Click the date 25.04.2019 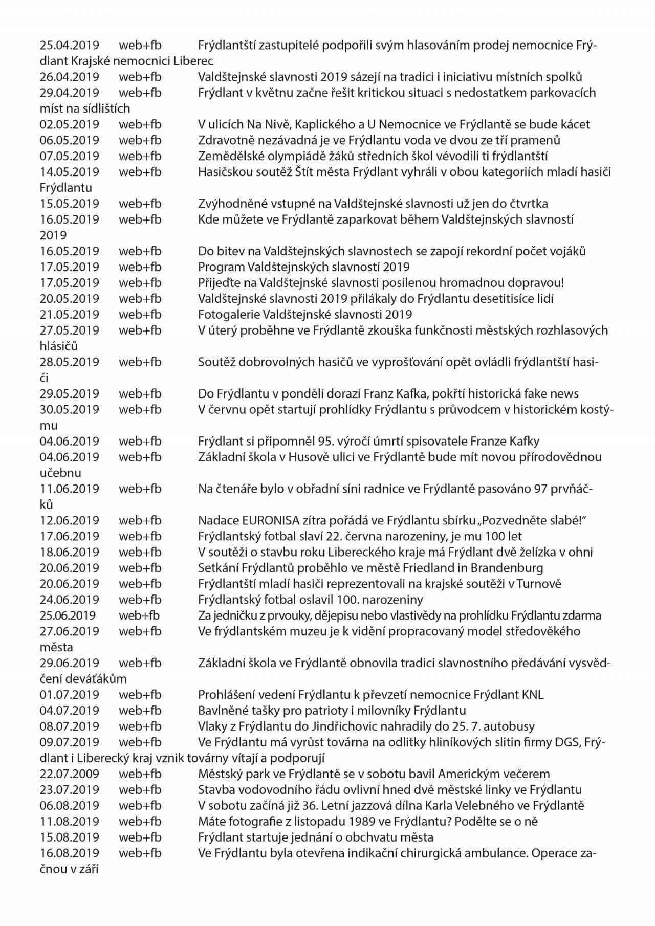tap(70, 45)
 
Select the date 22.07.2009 tap(70, 774)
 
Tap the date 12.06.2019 tap(70, 520)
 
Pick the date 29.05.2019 tap(70, 393)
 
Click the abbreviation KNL tap(533, 694)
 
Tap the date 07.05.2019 tap(70, 156)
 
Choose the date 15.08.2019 tap(70, 837)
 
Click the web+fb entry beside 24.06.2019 tap(140, 600)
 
